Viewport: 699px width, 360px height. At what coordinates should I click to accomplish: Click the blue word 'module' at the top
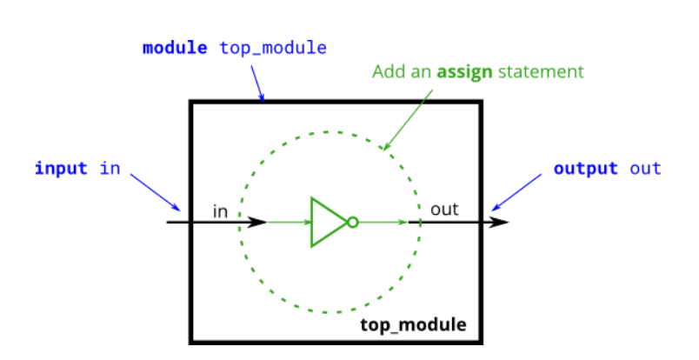(175, 48)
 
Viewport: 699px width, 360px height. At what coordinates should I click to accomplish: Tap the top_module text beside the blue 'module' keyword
(273, 48)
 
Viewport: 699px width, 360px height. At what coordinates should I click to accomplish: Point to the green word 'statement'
(540, 71)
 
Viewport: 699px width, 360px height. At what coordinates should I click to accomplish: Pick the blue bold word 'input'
(61, 168)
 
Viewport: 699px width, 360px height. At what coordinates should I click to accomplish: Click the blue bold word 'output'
(585, 168)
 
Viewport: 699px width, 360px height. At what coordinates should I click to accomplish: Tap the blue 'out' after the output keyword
(646, 168)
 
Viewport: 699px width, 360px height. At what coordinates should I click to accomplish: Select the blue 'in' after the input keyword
(110, 168)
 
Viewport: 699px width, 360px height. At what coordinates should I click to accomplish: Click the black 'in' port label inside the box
(221, 210)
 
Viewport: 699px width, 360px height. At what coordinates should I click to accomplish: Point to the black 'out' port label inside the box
(444, 210)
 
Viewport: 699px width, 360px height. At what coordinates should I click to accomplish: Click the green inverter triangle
(327, 222)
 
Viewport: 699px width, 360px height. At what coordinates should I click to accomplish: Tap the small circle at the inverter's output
(352, 222)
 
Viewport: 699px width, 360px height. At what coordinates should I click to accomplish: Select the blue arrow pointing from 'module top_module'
(257, 84)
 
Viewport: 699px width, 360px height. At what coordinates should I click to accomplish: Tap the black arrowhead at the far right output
(501, 222)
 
